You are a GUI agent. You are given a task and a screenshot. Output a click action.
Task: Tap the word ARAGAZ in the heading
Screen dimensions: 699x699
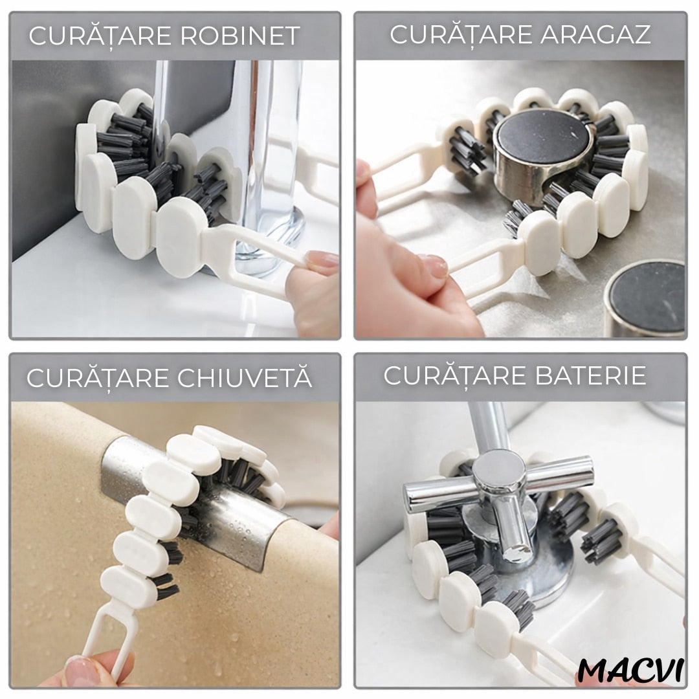(x=595, y=34)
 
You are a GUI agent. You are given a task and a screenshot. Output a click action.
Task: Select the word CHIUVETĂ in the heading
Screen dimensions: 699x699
(x=245, y=377)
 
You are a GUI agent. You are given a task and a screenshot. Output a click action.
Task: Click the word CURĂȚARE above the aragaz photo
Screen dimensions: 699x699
(x=461, y=34)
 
